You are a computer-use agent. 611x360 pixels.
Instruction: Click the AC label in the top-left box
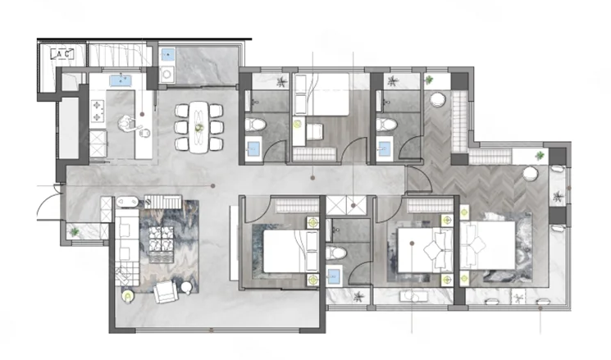pos(62,54)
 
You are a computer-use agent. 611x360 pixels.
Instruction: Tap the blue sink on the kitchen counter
pos(121,80)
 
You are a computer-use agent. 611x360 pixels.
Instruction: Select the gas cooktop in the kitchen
pos(98,111)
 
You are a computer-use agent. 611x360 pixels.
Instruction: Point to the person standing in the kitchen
pos(126,125)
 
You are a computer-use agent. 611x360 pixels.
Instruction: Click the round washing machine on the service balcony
pos(167,74)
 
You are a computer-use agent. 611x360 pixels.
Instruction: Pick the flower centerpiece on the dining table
pos(199,127)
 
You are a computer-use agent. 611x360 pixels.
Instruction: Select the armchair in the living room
pos(166,292)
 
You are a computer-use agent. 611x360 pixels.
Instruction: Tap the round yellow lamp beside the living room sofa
pos(127,296)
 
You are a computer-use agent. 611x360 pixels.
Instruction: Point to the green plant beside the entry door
pos(74,232)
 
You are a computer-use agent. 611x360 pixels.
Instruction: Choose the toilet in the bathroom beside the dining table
pos(255,125)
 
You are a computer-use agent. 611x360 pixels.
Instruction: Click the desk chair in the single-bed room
pos(314,131)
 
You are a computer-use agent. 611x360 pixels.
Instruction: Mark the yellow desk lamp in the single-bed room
pos(298,125)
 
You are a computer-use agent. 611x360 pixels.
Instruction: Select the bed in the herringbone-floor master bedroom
pos(488,244)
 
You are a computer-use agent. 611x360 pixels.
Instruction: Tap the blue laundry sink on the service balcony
pos(167,54)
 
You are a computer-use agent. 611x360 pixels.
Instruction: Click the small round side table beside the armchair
pos(186,289)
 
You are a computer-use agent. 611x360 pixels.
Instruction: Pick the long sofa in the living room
pos(126,248)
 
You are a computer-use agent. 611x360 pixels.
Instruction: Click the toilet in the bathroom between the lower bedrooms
pos(336,253)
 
